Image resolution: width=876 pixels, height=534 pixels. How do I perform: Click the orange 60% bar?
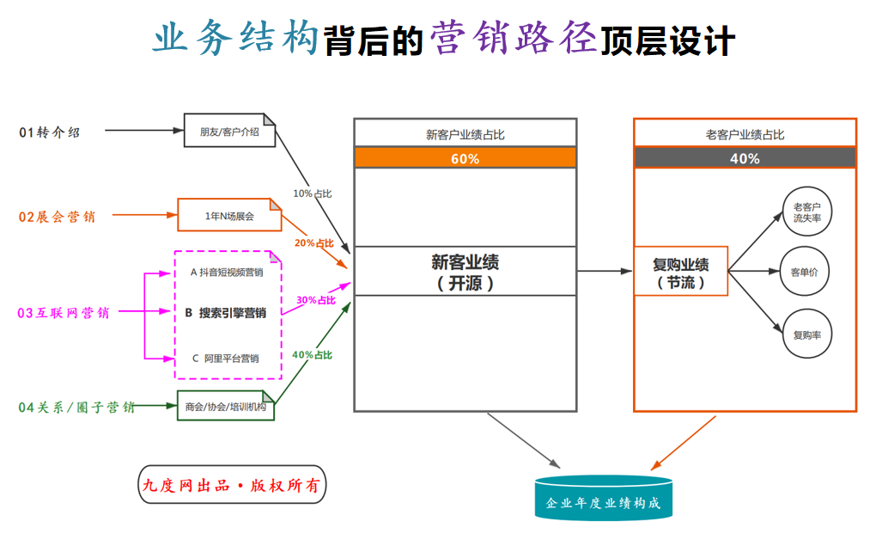click(465, 158)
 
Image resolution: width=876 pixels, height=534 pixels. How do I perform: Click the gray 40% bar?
click(745, 158)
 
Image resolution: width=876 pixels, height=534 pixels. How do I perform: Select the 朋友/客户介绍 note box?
click(228, 132)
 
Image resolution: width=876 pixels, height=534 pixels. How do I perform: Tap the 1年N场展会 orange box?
click(228, 216)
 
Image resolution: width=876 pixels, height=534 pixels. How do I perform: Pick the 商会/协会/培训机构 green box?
click(225, 407)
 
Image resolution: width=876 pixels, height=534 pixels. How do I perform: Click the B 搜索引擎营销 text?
click(226, 313)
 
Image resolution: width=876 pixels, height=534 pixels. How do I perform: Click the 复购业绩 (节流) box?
click(680, 272)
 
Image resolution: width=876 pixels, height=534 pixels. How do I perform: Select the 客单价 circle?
click(806, 272)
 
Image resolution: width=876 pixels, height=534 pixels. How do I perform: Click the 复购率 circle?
click(806, 334)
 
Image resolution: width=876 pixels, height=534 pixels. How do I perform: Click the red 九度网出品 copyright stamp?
click(233, 486)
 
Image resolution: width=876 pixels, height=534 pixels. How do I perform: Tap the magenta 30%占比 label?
click(316, 300)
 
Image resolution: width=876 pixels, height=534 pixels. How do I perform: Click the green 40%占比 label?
click(313, 354)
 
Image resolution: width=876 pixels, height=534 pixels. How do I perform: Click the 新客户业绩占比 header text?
click(465, 134)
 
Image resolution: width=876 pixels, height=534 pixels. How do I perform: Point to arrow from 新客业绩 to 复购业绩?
click(605, 272)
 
